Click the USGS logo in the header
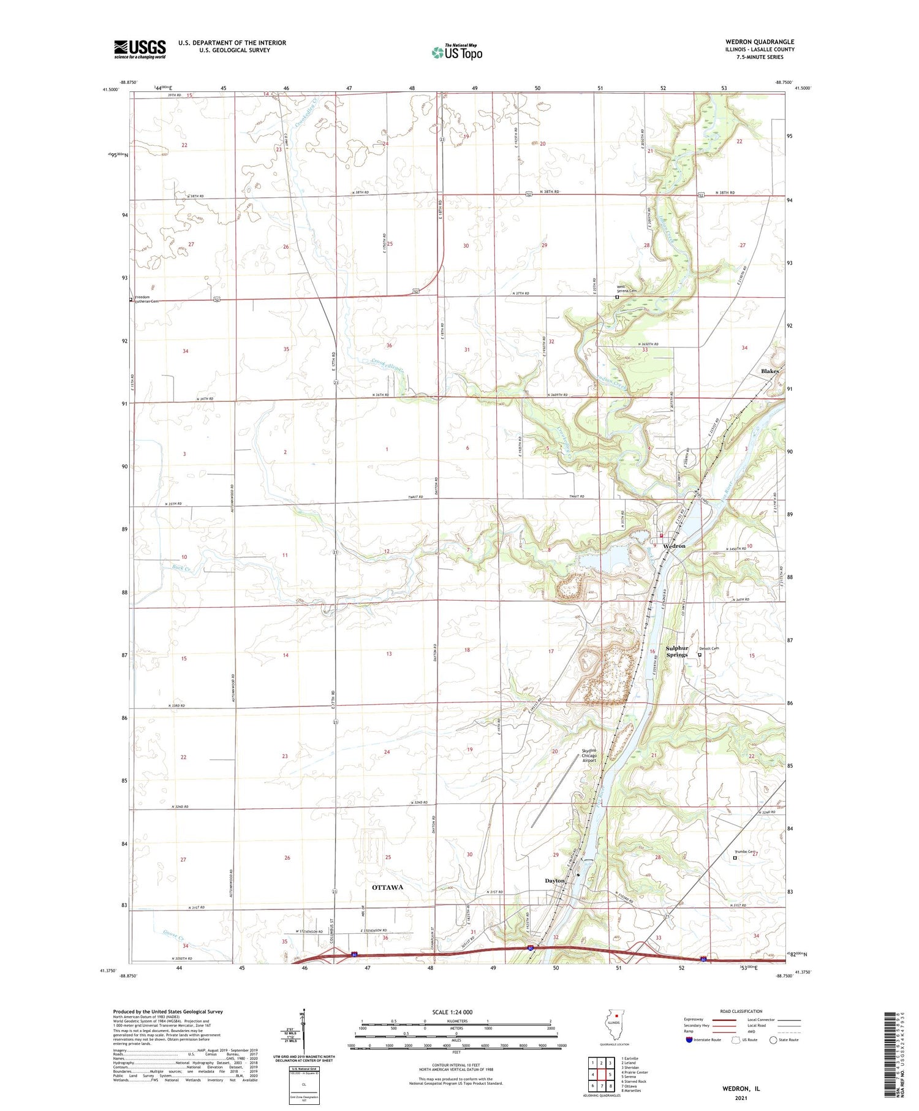(x=140, y=49)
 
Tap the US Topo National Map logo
(x=457, y=52)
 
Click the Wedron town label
(x=674, y=545)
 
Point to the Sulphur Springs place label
(x=677, y=651)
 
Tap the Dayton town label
(x=554, y=881)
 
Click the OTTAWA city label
(x=387, y=887)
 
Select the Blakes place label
(x=770, y=371)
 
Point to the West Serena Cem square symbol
(x=617, y=297)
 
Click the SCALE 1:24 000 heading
(x=456, y=1012)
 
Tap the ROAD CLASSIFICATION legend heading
(x=741, y=1011)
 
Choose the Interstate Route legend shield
(x=689, y=1040)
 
